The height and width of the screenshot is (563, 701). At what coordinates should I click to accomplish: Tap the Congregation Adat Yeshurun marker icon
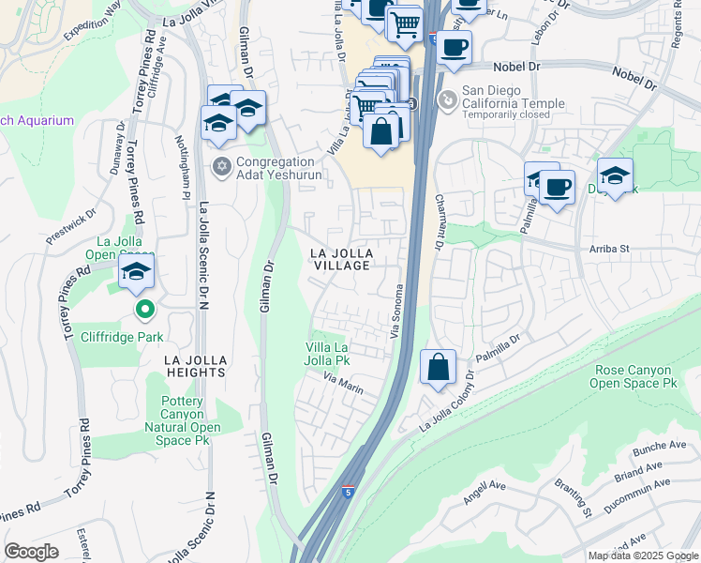click(222, 167)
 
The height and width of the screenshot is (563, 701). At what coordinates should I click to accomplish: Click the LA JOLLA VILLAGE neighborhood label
click(342, 260)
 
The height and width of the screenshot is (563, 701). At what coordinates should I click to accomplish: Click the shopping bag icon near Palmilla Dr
click(438, 367)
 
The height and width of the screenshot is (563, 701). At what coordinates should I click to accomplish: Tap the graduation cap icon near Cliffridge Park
click(136, 273)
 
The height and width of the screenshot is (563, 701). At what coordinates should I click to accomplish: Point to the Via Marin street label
click(342, 380)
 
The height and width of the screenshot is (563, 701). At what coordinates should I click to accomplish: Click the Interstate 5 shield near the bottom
click(348, 517)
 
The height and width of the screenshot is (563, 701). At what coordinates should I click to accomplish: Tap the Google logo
click(31, 552)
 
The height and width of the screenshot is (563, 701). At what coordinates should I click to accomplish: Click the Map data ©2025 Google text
click(642, 555)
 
